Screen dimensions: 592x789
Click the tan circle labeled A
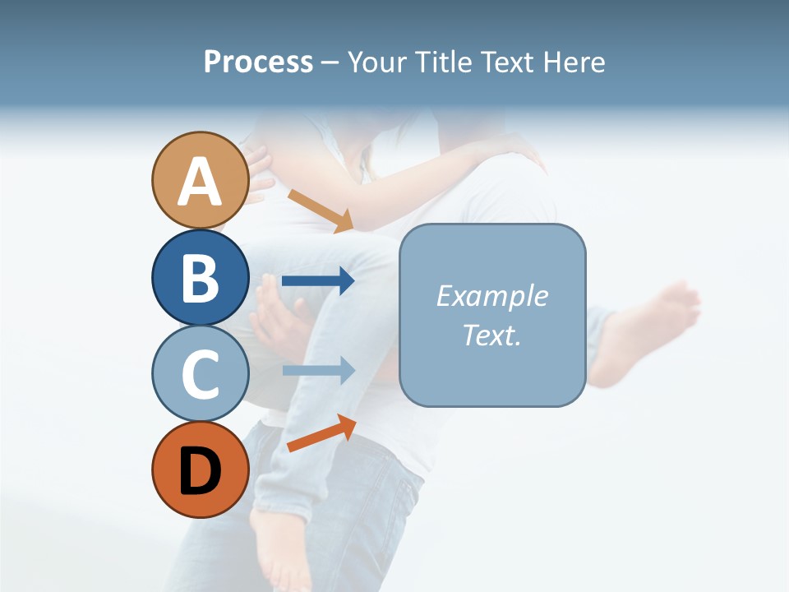tap(201, 180)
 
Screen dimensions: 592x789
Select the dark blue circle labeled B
tap(201, 277)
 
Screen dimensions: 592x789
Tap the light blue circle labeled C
tap(201, 373)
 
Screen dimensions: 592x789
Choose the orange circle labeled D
tap(201, 469)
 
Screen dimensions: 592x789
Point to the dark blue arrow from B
tap(318, 281)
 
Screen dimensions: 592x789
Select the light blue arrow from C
tap(318, 370)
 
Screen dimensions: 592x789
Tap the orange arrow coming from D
tap(321, 433)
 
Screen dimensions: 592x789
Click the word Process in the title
tap(258, 62)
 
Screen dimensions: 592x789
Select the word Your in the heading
tap(376, 62)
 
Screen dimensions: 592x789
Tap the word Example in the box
tap(491, 296)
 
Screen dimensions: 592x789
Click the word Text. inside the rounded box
tap(491, 335)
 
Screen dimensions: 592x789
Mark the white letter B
tap(201, 278)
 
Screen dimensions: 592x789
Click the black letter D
tap(201, 471)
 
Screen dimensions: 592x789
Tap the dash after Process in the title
tap(330, 62)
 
